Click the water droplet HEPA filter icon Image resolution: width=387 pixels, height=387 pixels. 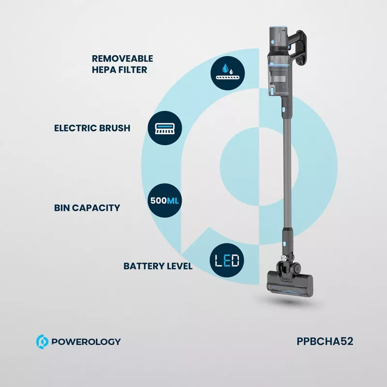227,73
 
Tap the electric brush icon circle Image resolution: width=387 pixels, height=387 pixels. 165,128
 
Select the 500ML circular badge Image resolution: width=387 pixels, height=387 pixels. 164,201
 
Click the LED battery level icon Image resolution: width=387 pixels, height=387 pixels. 227,260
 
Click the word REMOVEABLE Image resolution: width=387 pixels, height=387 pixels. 122,59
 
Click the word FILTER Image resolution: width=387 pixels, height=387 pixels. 134,70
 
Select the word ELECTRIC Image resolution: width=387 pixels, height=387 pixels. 75,128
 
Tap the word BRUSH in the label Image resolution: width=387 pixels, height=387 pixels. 115,128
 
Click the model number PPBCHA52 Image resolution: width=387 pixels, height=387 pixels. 325,342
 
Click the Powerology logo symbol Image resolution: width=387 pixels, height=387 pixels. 42,342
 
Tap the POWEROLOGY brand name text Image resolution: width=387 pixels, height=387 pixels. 86,342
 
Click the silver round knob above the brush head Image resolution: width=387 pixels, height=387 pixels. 284,258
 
